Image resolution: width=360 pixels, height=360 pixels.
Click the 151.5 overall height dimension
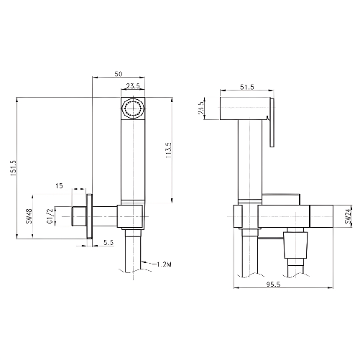pos(14,168)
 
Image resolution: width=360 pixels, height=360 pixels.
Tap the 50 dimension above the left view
pos(118,74)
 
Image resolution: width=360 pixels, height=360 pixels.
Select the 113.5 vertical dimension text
pos(168,150)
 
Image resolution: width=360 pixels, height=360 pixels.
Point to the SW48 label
pos(29,216)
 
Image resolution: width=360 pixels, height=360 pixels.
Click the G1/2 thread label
pos(50,216)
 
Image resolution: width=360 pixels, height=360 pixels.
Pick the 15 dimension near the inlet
pos(59,185)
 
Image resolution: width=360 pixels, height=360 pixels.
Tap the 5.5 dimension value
pos(109,243)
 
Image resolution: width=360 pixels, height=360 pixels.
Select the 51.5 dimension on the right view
pos(247,87)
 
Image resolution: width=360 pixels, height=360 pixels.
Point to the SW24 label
pos(348,216)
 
